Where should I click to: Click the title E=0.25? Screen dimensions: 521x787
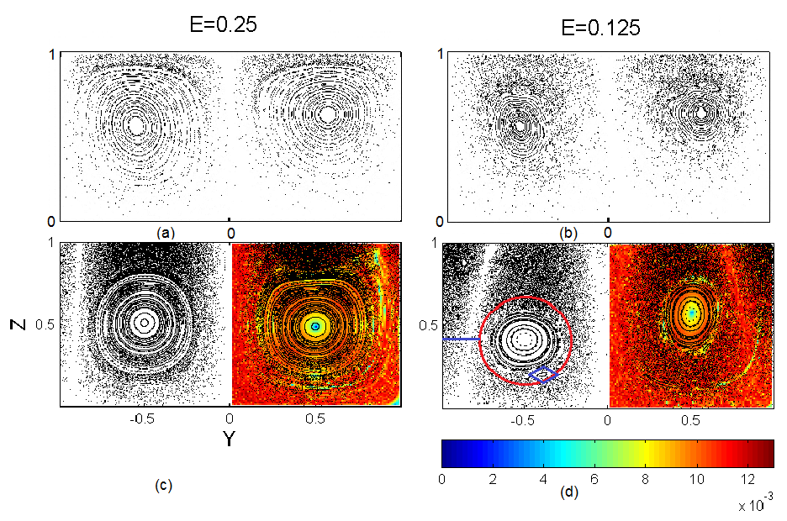point(222,25)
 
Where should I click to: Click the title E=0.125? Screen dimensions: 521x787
point(601,28)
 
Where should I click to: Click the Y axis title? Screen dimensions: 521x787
point(229,438)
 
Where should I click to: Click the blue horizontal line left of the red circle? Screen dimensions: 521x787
point(462,339)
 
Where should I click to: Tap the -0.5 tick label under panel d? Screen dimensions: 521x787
point(521,419)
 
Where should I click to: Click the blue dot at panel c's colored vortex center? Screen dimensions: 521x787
point(315,325)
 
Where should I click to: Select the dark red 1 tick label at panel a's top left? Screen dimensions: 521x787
point(51,55)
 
